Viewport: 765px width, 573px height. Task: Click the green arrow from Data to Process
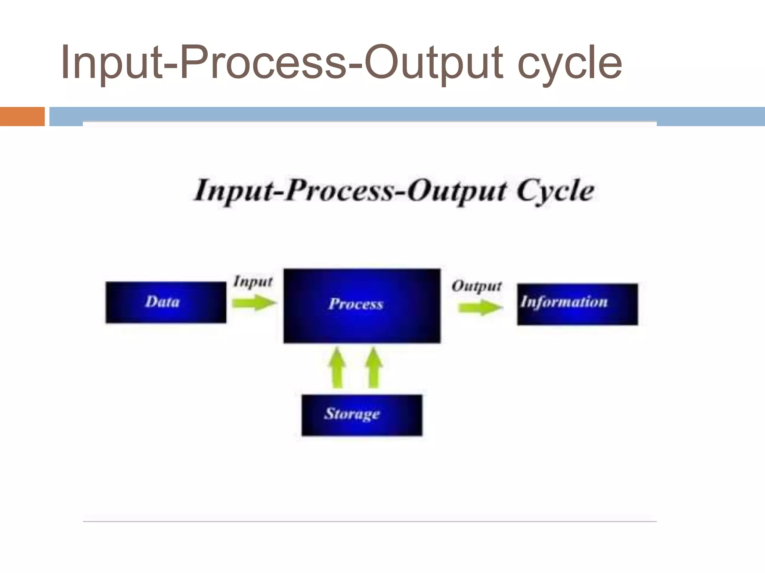pyautogui.click(x=254, y=302)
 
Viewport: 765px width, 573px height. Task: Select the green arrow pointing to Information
pyautogui.click(x=480, y=307)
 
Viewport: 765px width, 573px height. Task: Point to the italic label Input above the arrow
pyautogui.click(x=253, y=281)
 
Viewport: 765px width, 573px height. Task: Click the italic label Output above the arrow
pyautogui.click(x=477, y=286)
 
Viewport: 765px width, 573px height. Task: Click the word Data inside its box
pyautogui.click(x=162, y=301)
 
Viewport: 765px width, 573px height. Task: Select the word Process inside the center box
pyautogui.click(x=356, y=304)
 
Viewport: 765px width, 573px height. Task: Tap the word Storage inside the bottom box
pyautogui.click(x=352, y=413)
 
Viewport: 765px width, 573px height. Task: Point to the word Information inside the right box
pyautogui.click(x=564, y=301)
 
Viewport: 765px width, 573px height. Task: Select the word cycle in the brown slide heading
pyautogui.click(x=570, y=63)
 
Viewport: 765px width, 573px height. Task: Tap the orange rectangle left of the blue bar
pyautogui.click(x=22, y=116)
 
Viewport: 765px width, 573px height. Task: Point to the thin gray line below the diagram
pyautogui.click(x=370, y=521)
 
